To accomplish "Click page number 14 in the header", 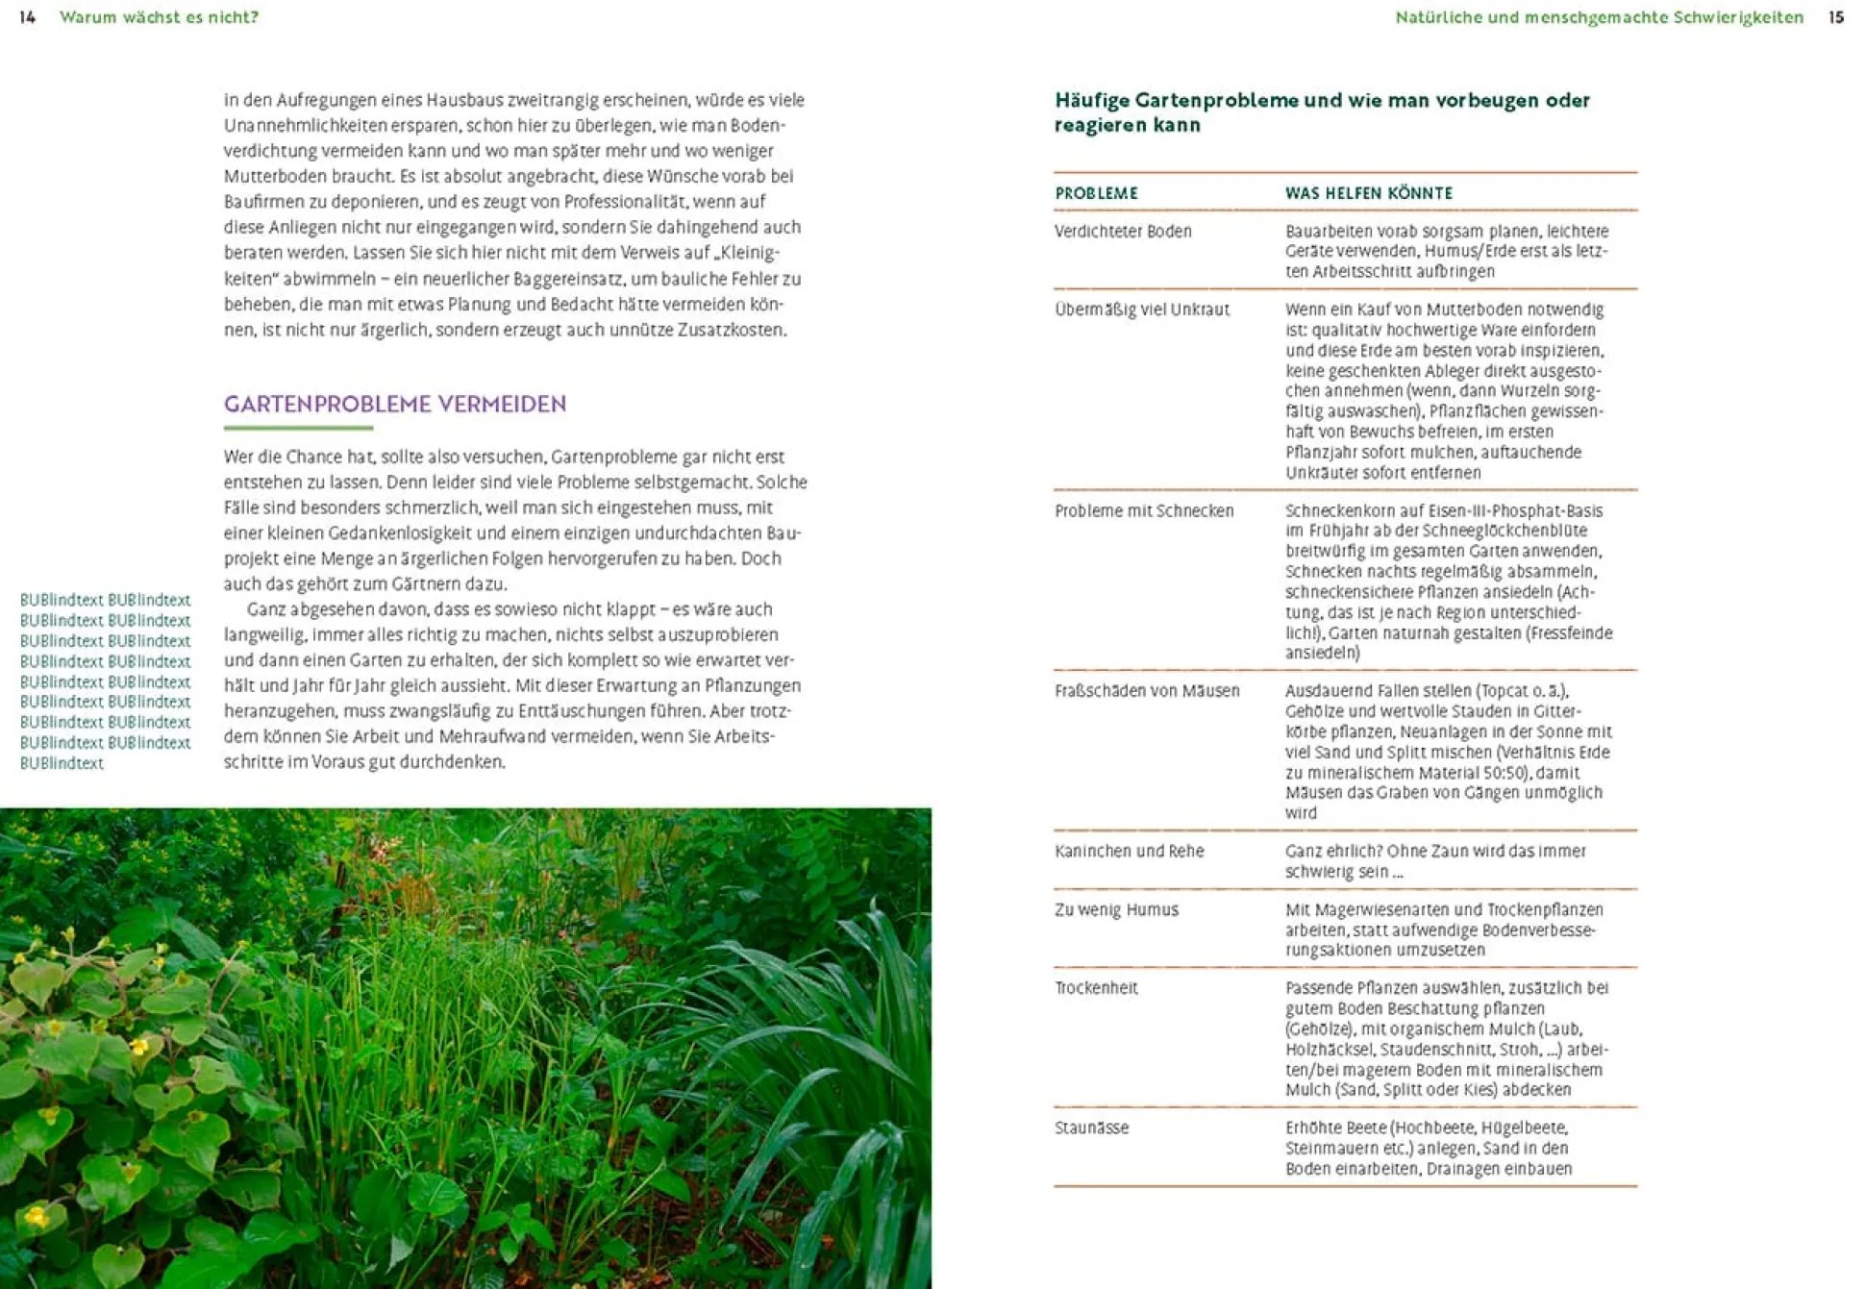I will (x=27, y=17).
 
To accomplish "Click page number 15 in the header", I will (x=1835, y=17).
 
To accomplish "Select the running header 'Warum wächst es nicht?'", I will (x=159, y=17).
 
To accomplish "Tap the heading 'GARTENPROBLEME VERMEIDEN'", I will (x=395, y=404).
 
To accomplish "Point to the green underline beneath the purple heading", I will (x=298, y=428).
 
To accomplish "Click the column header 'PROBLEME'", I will (x=1096, y=193).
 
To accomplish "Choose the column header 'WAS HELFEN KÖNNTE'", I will (x=1368, y=193).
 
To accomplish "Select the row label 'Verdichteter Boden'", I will (x=1123, y=232).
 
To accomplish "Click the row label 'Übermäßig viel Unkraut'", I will (x=1142, y=310).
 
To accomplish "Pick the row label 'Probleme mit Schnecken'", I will (x=1144, y=511).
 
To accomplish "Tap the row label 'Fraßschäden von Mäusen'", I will (x=1147, y=691).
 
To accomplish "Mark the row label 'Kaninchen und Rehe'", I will (x=1129, y=852).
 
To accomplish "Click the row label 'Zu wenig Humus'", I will (x=1116, y=910).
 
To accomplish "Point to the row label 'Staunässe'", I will (x=1091, y=1128).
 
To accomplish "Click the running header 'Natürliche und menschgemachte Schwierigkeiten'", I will (x=1599, y=17).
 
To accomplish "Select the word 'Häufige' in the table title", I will (x=1091, y=100).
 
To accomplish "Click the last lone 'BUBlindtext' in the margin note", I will (x=62, y=763).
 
